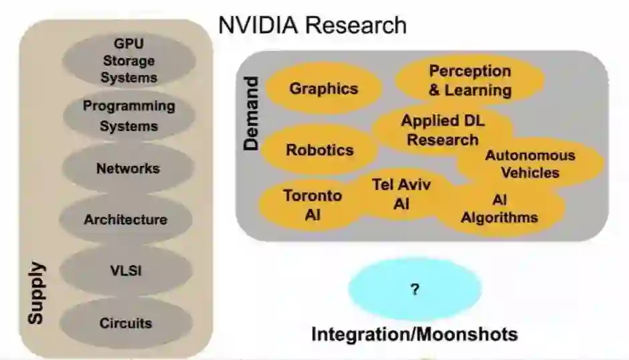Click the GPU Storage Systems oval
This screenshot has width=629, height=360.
pos(128,60)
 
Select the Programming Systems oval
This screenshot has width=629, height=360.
pos(128,116)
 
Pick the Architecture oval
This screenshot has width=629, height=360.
pos(125,219)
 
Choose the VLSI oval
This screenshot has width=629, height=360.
pos(126,271)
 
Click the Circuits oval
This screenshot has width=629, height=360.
pos(126,323)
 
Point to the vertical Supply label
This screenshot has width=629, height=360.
pos(36,293)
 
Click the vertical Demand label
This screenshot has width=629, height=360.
pos(250,114)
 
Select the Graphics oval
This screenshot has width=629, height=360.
pos(323,88)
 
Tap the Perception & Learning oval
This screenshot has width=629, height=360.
pos(470,80)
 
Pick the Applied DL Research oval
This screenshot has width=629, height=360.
pos(442,130)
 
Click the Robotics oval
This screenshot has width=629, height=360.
pos(319,150)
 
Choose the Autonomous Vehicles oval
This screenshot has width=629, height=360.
pos(530,164)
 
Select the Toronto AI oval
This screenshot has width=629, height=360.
pos(312,205)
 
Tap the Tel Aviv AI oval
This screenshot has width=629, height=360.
pos(401,194)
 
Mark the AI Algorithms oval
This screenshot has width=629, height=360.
pos(499,209)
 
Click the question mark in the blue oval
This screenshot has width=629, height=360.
pos(415,289)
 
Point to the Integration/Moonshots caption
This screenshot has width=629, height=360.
pos(415,333)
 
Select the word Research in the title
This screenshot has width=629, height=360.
pos(356,25)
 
